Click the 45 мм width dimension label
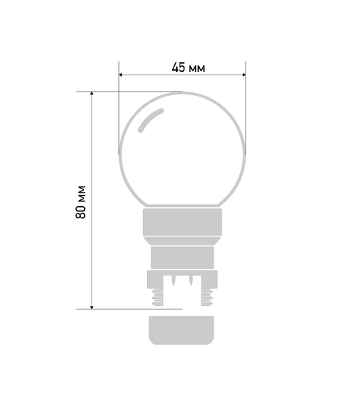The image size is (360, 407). tap(188, 68)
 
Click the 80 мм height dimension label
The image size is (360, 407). tap(81, 202)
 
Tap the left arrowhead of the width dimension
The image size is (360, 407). tap(121, 75)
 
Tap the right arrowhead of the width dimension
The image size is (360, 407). tap(244, 75)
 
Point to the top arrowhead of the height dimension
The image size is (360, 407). tap(92, 94)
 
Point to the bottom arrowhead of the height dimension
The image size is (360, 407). tap(92, 307)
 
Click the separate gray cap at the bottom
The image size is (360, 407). tap(182, 330)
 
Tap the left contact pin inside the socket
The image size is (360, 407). tap(174, 280)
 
